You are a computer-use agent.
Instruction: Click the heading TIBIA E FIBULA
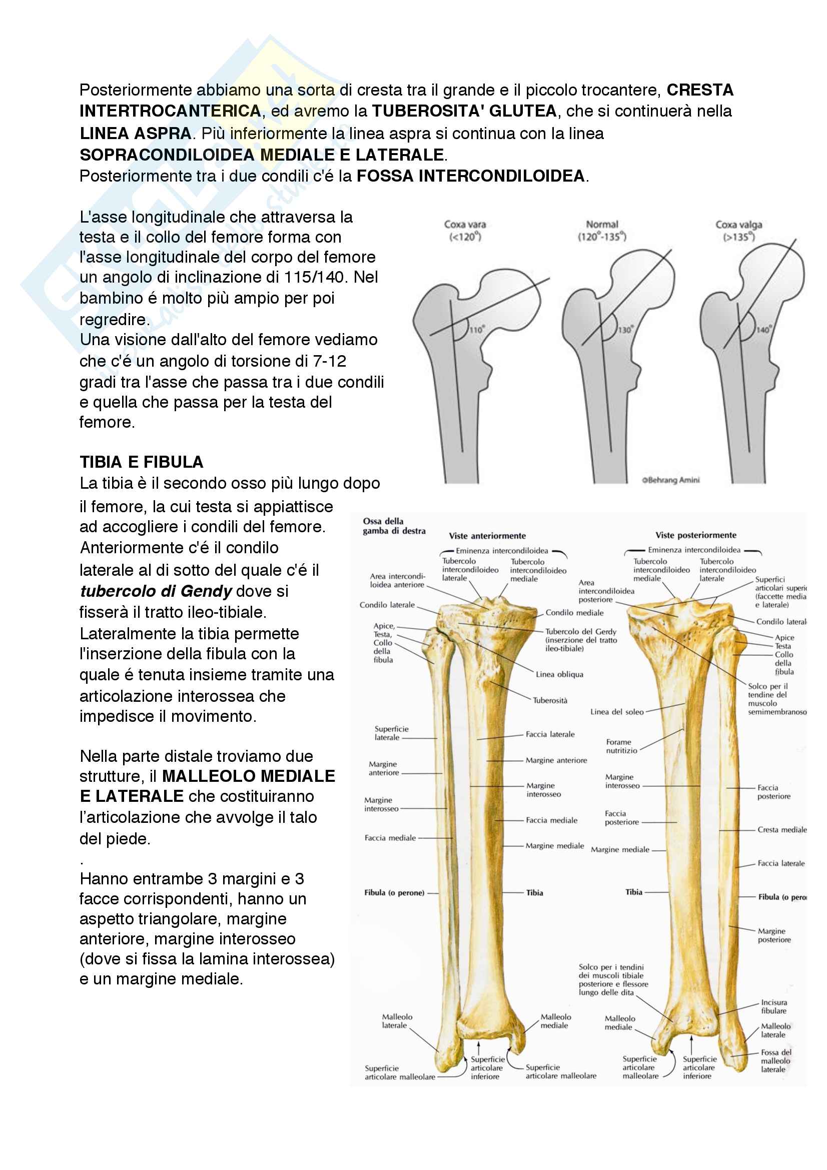141,462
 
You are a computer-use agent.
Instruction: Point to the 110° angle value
476,330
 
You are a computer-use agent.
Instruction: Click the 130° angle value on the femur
625,330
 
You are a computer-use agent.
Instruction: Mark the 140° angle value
763,330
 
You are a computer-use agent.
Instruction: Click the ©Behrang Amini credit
670,480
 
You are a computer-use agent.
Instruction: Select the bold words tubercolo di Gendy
156,591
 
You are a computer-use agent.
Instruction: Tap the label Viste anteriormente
487,536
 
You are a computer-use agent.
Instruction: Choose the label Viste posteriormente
695,535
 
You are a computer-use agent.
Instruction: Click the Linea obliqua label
559,674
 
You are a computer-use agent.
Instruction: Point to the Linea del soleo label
616,712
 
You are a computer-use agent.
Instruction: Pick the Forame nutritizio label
621,746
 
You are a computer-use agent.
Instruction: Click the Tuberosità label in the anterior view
550,700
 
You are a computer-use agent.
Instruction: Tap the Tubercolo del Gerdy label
580,631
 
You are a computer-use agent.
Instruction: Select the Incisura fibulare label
773,1006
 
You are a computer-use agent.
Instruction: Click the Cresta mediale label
781,829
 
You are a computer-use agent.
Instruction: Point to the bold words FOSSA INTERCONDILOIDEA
471,176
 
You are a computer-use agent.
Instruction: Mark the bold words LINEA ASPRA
135,134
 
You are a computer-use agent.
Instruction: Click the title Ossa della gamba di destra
393,526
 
